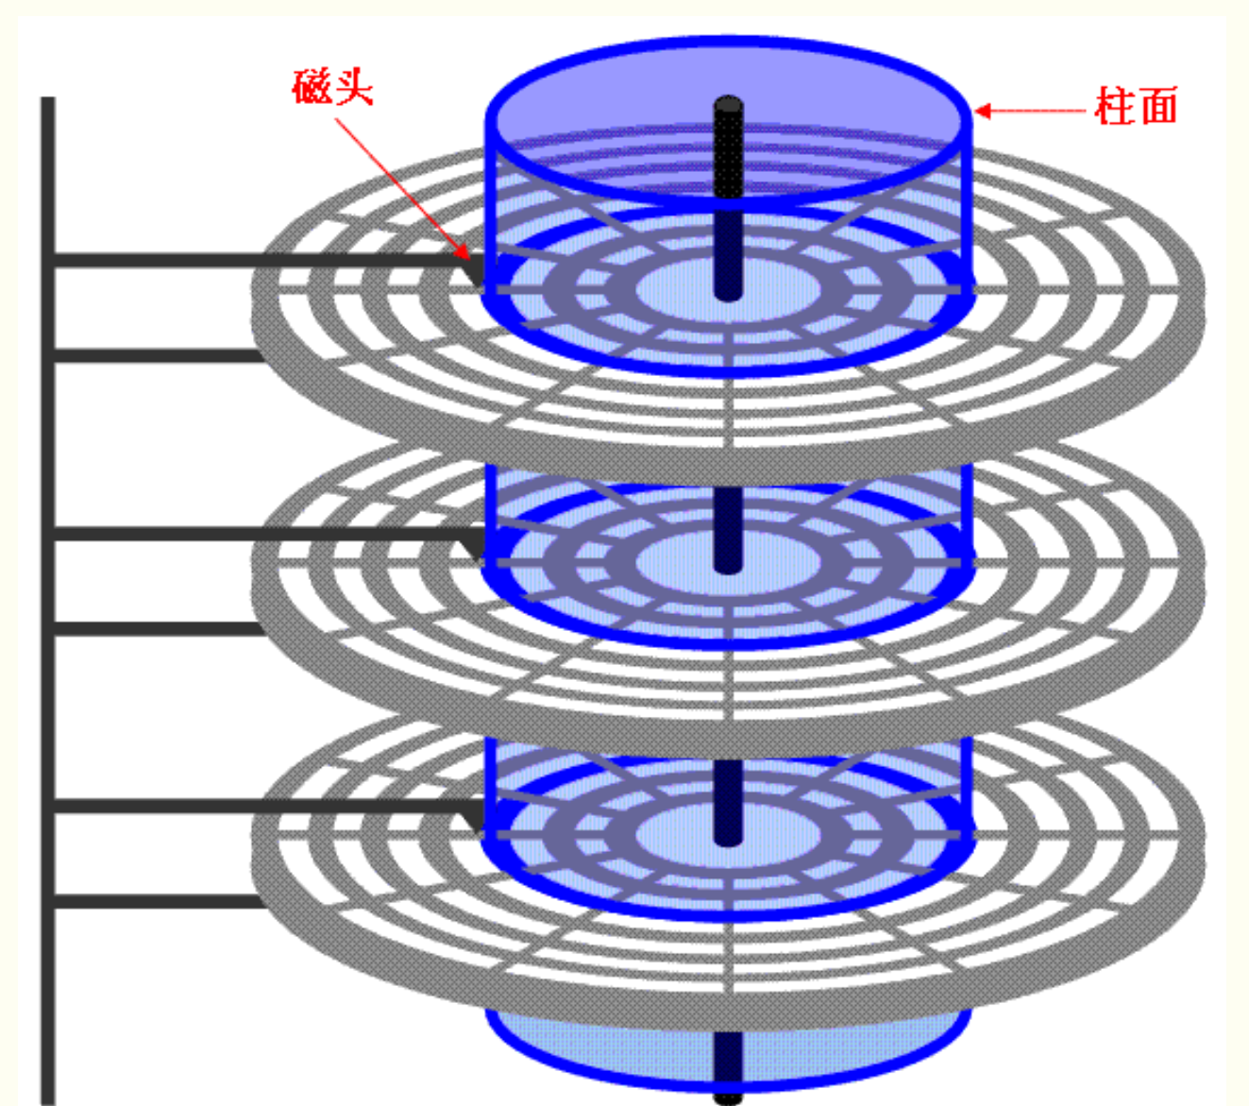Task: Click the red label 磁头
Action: tap(332, 88)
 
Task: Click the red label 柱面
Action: tap(1136, 106)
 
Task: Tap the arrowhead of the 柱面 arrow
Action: tap(982, 111)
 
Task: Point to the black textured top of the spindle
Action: tap(728, 142)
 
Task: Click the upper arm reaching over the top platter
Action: tap(255, 260)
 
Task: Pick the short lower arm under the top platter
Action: tap(156, 355)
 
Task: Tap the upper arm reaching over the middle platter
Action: tap(255, 534)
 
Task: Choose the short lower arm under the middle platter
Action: tap(156, 628)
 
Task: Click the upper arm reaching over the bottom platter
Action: tap(255, 806)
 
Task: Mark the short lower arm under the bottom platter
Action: tap(156, 901)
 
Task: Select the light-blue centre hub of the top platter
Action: tap(680, 288)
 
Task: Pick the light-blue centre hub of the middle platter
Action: tap(680, 561)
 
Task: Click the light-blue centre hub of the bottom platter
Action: tap(680, 833)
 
